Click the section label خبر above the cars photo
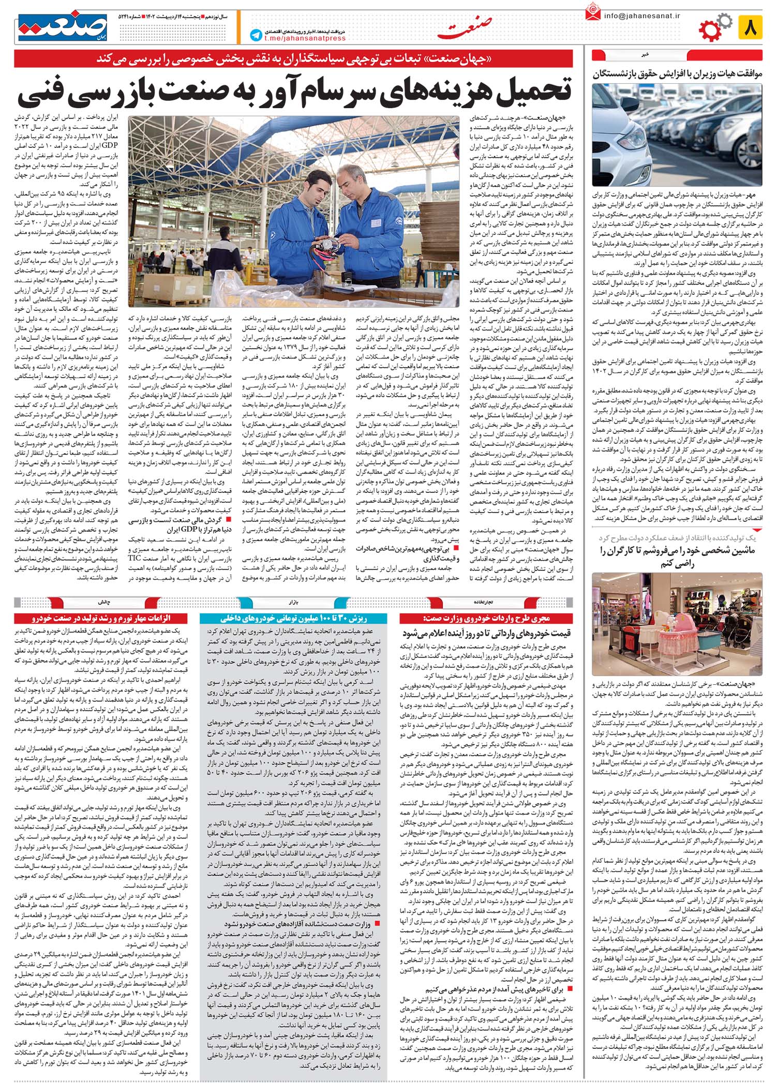click(677, 54)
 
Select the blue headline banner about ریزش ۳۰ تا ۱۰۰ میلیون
click(294, 618)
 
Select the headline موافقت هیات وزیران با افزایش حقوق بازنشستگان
click(678, 73)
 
